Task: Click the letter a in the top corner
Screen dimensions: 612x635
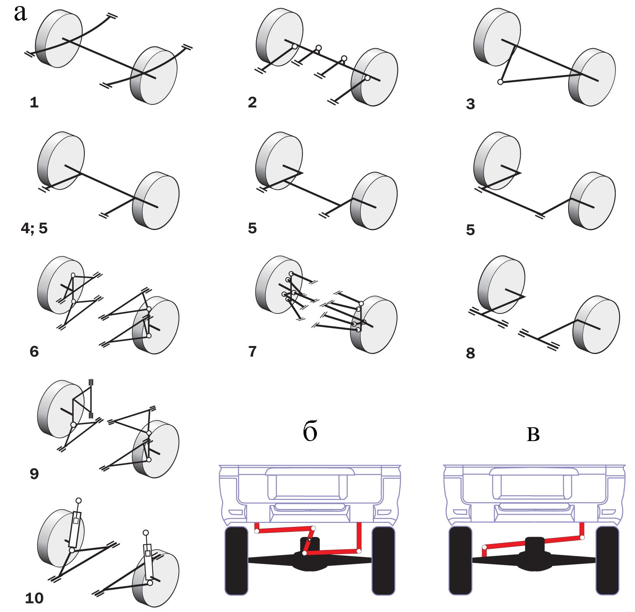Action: pos(21,13)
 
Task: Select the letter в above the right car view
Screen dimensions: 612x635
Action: pos(533,434)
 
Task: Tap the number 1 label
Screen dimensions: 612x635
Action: pos(34,102)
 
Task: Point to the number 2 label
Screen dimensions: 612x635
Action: pos(252,102)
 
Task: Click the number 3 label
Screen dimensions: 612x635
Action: pos(470,104)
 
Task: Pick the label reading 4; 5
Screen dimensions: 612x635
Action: pos(34,228)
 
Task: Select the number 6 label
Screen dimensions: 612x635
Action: pos(34,351)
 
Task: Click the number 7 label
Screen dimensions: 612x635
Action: pos(252,351)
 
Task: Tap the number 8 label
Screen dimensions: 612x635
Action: pos(470,353)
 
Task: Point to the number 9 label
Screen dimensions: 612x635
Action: pos(34,473)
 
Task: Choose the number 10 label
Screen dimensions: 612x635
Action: pos(34,598)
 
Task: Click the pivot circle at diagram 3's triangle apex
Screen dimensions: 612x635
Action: pos(500,82)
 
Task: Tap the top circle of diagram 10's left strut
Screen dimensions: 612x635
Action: pos(79,501)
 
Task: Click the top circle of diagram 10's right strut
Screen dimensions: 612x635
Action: pos(146,533)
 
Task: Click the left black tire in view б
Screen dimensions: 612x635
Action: pos(236,561)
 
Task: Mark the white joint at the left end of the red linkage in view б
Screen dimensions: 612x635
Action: pos(257,531)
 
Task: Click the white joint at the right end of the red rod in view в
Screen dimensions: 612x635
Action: pos(582,538)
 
